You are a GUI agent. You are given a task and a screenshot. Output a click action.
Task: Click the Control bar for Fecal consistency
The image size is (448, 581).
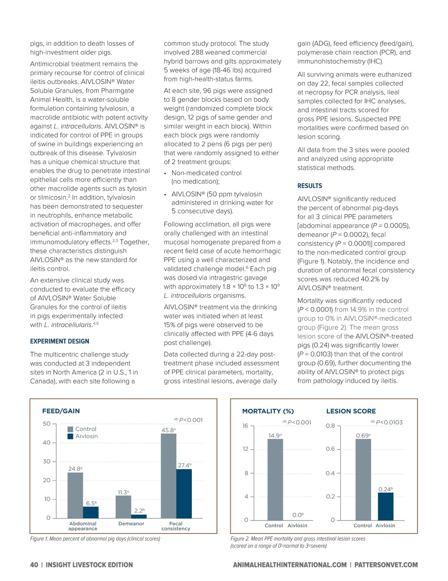pos(168,476)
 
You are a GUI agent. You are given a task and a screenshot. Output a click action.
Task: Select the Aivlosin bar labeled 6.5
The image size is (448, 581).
pos(91,512)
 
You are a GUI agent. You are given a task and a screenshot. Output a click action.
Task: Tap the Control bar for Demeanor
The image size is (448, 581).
pos(123,507)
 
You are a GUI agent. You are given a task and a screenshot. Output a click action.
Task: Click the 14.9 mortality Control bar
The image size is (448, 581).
pos(275,479)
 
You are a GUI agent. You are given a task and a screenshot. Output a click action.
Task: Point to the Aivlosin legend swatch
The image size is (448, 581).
pos(71,436)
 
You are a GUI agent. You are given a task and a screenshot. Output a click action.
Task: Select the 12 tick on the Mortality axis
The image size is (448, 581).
pos(245,449)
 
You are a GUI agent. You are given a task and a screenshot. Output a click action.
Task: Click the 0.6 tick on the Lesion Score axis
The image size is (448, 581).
pos(330,449)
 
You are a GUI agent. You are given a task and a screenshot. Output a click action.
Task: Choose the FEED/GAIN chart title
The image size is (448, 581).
pos(61,411)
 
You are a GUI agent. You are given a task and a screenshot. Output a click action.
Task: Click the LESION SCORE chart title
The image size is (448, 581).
pos(351,411)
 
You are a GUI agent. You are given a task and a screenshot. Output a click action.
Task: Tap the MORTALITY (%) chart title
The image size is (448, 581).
pos(268,411)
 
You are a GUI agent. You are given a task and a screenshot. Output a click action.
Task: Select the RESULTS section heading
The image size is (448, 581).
pos(309,186)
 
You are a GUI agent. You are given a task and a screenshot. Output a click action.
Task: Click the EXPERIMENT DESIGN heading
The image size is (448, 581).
pos(60,341)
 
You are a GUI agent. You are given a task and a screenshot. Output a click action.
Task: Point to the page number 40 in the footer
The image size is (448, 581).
pos(34,565)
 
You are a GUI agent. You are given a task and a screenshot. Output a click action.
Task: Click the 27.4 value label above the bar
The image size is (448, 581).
pos(184,465)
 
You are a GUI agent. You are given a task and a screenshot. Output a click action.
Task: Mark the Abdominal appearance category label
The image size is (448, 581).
pos(83,526)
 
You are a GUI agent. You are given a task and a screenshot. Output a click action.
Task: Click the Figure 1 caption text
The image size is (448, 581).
pos(95,539)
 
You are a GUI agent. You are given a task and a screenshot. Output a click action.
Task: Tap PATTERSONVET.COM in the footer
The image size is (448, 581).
pos(386,565)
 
